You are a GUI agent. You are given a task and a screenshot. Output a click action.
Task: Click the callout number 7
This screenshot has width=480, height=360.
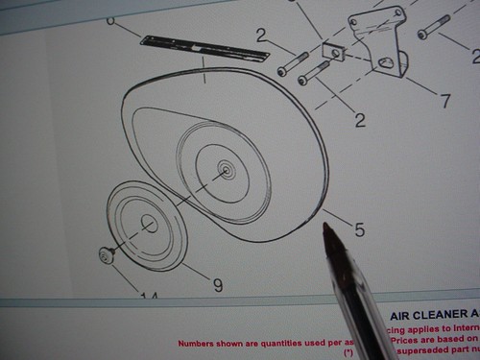click(x=445, y=101)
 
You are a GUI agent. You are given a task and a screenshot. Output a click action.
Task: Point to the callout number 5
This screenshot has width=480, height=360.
click(x=359, y=229)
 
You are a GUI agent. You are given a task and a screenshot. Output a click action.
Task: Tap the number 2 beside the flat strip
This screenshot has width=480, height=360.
click(x=261, y=36)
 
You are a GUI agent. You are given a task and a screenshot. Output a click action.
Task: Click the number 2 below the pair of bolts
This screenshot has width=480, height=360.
click(x=360, y=120)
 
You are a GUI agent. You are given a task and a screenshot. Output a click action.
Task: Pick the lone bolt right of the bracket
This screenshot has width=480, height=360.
click(x=433, y=27)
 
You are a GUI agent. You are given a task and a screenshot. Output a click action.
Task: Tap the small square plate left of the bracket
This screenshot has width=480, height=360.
click(x=333, y=51)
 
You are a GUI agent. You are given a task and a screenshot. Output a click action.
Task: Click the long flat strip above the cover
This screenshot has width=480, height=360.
click(x=203, y=48)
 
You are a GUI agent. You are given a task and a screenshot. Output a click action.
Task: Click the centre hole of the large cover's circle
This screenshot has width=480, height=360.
click(x=227, y=171)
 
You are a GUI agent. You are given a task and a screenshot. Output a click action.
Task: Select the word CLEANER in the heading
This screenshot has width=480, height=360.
click(x=441, y=315)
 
